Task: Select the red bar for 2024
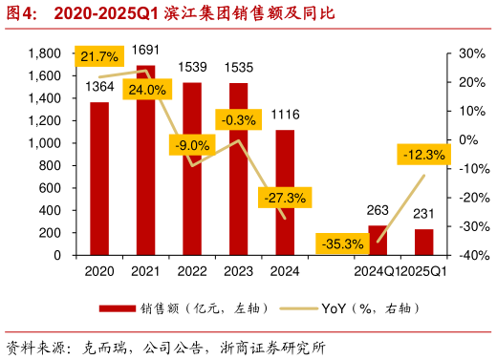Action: [x=285, y=192]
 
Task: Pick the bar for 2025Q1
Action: [x=423, y=243]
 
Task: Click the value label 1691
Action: [x=146, y=50]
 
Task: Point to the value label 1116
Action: [x=286, y=115]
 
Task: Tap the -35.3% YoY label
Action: [x=343, y=244]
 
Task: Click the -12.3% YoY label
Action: [x=423, y=154]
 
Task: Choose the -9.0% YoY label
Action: [x=193, y=145]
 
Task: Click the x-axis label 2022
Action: [x=192, y=273]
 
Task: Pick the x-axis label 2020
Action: [x=99, y=273]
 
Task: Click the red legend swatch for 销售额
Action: [x=118, y=308]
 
